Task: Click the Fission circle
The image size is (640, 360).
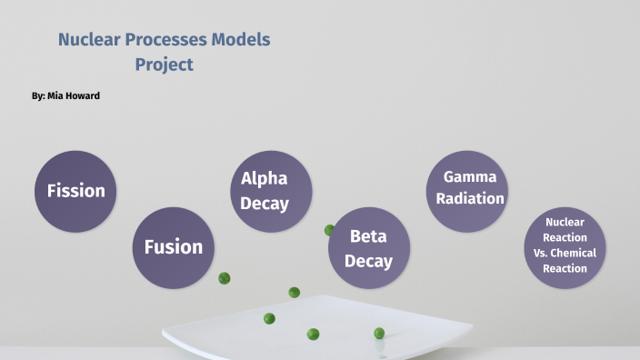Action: (76, 191)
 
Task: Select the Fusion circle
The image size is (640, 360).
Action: (174, 247)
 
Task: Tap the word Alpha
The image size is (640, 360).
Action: (265, 179)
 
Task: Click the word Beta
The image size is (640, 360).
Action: (368, 236)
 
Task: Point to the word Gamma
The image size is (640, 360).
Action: (470, 175)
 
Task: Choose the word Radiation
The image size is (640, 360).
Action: (470, 198)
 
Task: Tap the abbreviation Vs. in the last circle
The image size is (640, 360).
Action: (533, 253)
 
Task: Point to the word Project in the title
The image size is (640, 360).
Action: (165, 65)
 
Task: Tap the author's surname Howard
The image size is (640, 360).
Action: (80, 95)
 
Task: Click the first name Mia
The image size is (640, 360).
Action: (54, 95)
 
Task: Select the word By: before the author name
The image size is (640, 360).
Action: (37, 95)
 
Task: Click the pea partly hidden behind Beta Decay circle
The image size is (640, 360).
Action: (329, 230)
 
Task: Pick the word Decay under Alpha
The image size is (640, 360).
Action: (265, 204)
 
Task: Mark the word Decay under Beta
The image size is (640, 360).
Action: (368, 261)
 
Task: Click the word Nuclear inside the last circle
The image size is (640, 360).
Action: (565, 222)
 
